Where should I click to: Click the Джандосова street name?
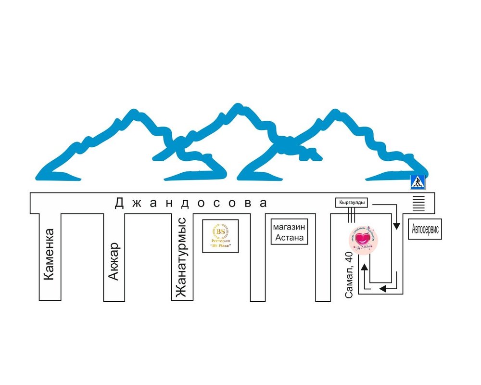pos(190,203)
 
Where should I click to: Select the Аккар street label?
pos(114,261)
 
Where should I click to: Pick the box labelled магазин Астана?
pos(289,232)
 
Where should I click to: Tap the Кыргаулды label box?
pos(351,204)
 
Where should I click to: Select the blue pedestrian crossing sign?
pos(417,182)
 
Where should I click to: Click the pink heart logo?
pos(364,239)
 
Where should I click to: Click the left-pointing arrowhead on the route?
pos(384,288)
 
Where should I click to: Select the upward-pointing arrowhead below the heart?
pos(365,267)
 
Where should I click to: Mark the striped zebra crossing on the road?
pos(419,203)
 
